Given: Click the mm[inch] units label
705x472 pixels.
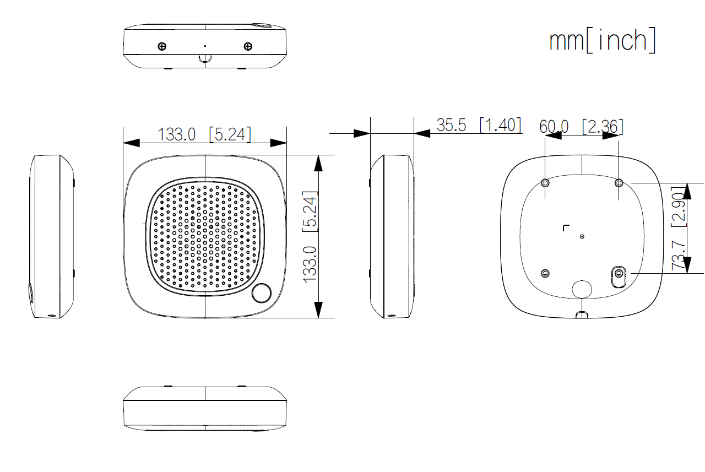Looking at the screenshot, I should pyautogui.click(x=603, y=40).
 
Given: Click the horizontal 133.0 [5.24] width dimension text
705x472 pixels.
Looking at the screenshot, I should pyautogui.click(x=204, y=134).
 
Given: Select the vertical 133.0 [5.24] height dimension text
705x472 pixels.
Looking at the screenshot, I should pyautogui.click(x=311, y=237).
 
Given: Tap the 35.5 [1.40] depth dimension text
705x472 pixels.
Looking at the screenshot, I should pyautogui.click(x=478, y=125).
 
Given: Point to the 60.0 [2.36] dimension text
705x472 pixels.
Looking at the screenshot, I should pyautogui.click(x=581, y=127).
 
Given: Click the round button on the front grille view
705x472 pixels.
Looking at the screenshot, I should pyautogui.click(x=262, y=293).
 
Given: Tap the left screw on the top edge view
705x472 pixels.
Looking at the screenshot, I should pyautogui.click(x=162, y=46).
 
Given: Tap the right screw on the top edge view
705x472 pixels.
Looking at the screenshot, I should pyautogui.click(x=248, y=46).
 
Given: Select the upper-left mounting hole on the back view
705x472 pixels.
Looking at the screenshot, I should pyautogui.click(x=545, y=182).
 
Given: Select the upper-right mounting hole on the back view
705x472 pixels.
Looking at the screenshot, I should pyautogui.click(x=619, y=182).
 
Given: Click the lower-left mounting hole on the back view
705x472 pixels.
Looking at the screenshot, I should pyautogui.click(x=545, y=273).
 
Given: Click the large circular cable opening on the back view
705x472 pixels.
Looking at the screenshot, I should pyautogui.click(x=582, y=288).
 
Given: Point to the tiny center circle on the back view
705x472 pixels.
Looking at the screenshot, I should pyautogui.click(x=582, y=236).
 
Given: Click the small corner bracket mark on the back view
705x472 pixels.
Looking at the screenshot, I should pyautogui.click(x=565, y=227).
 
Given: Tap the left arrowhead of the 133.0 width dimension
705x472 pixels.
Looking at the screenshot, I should pyautogui.click(x=131, y=143).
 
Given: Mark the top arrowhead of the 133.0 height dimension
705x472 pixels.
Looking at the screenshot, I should pyautogui.click(x=318, y=162).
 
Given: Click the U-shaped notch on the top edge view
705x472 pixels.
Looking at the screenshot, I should pyautogui.click(x=205, y=57).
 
